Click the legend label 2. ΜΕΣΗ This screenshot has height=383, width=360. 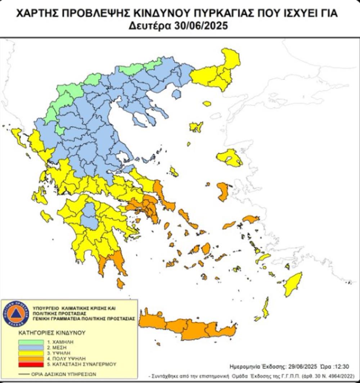coord(51,347)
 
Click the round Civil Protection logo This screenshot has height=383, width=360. coord(15,314)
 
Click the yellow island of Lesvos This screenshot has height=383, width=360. coord(230,158)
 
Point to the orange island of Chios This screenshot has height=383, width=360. coord(223,191)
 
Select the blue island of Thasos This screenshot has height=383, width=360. coord(176,94)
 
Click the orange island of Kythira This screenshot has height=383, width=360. coord(120,283)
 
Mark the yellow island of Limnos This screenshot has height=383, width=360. coord(196,127)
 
